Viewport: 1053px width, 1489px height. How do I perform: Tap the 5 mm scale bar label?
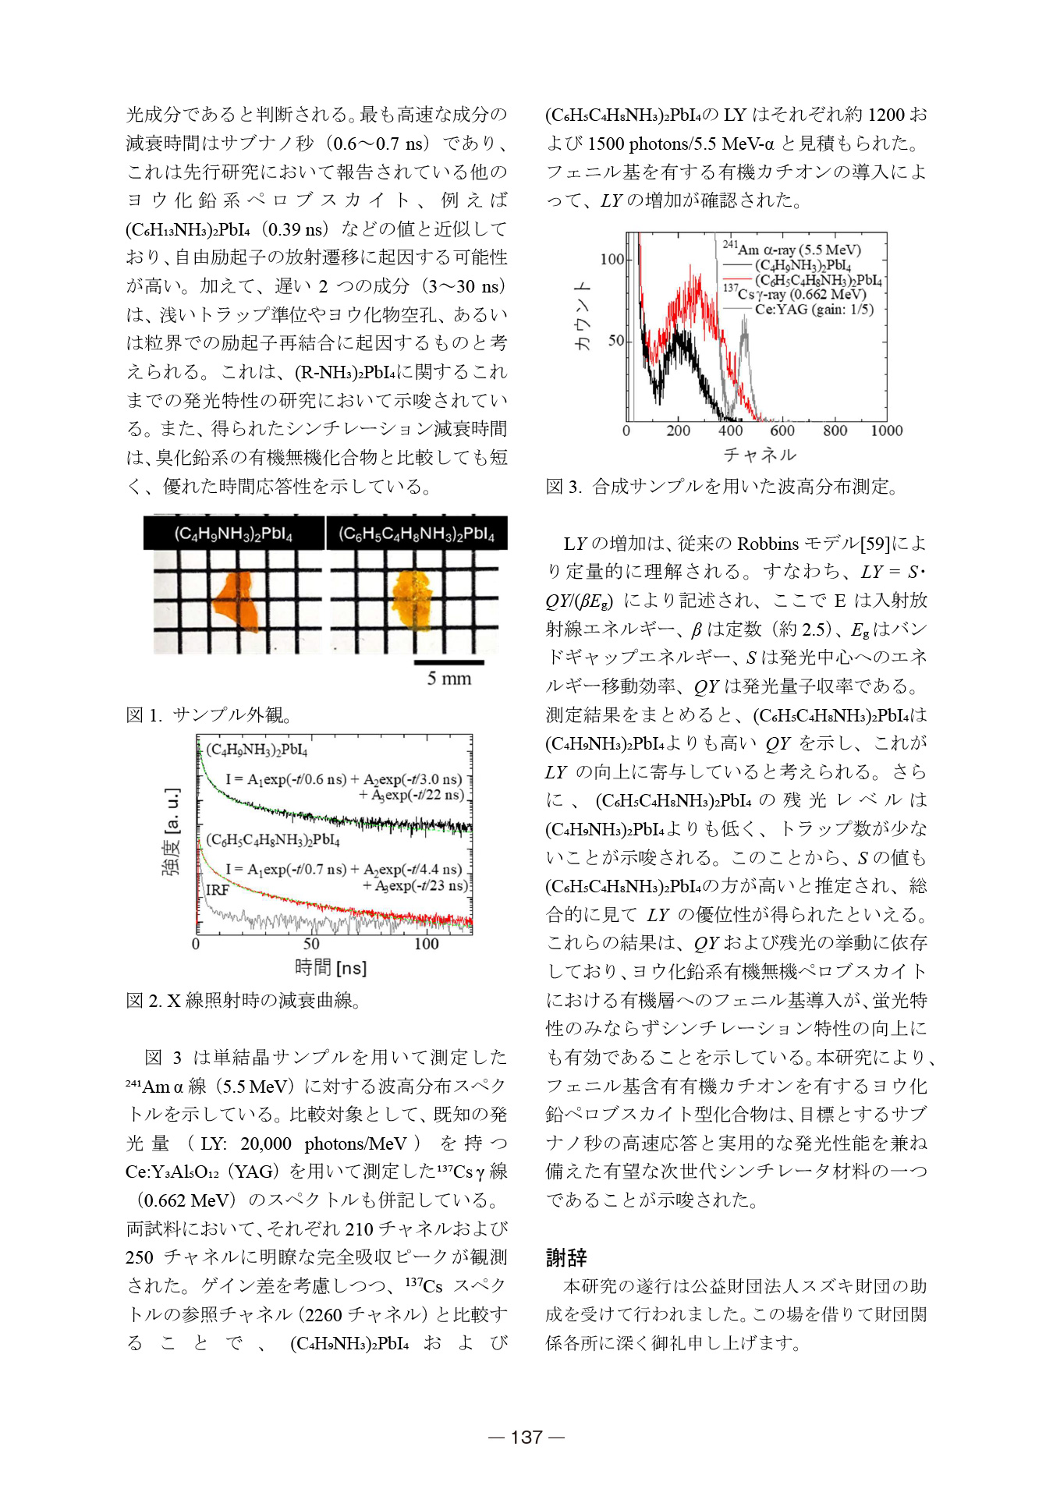pyautogui.click(x=448, y=679)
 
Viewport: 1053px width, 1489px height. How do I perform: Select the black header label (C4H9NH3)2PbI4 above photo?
pyautogui.click(x=233, y=534)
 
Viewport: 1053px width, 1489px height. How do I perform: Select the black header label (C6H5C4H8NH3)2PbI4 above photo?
pyautogui.click(x=417, y=534)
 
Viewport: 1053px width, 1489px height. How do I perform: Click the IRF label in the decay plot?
pyautogui.click(x=217, y=890)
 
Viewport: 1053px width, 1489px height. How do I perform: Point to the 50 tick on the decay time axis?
pyautogui.click(x=310, y=944)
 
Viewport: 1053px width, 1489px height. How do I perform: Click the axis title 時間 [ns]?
pyautogui.click(x=331, y=968)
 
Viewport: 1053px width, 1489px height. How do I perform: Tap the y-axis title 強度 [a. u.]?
pyautogui.click(x=171, y=831)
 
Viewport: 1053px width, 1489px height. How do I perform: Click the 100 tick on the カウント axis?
pyautogui.click(x=612, y=259)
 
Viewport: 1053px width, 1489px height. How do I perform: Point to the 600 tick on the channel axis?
pyautogui.click(x=782, y=431)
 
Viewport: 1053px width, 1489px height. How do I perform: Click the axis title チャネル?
pyautogui.click(x=760, y=455)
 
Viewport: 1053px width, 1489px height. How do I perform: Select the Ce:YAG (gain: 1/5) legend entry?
pyautogui.click(x=814, y=309)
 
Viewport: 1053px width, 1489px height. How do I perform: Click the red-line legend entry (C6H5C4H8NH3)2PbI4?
pyautogui.click(x=817, y=280)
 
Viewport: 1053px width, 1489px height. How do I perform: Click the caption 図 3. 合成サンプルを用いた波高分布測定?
pyautogui.click(x=721, y=487)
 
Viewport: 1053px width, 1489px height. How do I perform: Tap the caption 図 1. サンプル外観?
pyautogui.click(x=208, y=715)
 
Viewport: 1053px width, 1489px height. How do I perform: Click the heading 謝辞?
pyautogui.click(x=566, y=1257)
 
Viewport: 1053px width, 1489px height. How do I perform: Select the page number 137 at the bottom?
pyautogui.click(x=526, y=1437)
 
